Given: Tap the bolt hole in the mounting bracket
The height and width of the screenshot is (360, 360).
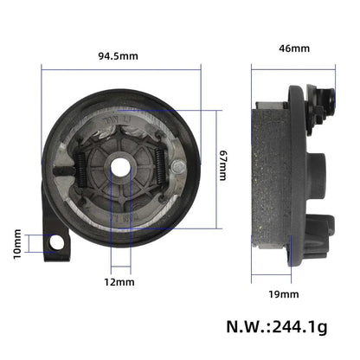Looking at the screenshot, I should pyautogui.click(x=57, y=244).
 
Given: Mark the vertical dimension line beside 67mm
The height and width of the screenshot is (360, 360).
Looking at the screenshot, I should pyautogui.click(x=213, y=164).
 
